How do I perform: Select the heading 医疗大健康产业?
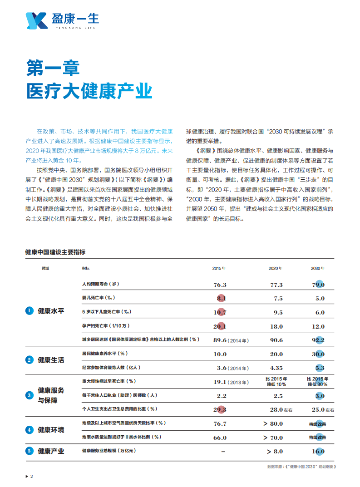[89, 91]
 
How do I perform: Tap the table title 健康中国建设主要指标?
[55, 252]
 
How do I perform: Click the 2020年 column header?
[275, 268]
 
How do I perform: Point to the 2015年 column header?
[219, 268]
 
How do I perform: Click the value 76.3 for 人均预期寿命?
[220, 285]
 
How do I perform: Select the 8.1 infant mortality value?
[221, 298]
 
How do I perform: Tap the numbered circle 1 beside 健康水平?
[29, 310]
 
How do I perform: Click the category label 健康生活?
[51, 360]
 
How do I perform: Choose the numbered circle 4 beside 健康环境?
[29, 429]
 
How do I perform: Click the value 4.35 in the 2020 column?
[276, 368]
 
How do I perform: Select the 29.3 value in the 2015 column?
[220, 410]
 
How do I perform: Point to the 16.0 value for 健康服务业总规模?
[318, 452]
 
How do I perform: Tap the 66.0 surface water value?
[220, 438]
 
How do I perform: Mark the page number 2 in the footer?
[31, 476]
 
